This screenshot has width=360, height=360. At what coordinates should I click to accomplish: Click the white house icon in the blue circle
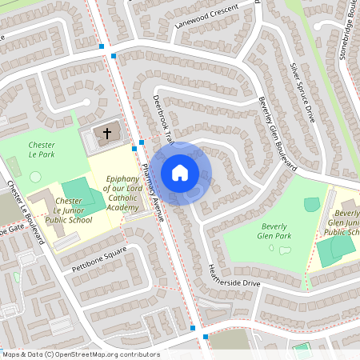180,172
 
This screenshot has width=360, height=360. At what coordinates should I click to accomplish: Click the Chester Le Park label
42,150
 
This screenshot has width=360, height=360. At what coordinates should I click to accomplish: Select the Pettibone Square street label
99,258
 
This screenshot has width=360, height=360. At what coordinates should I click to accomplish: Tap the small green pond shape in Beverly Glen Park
312,204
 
